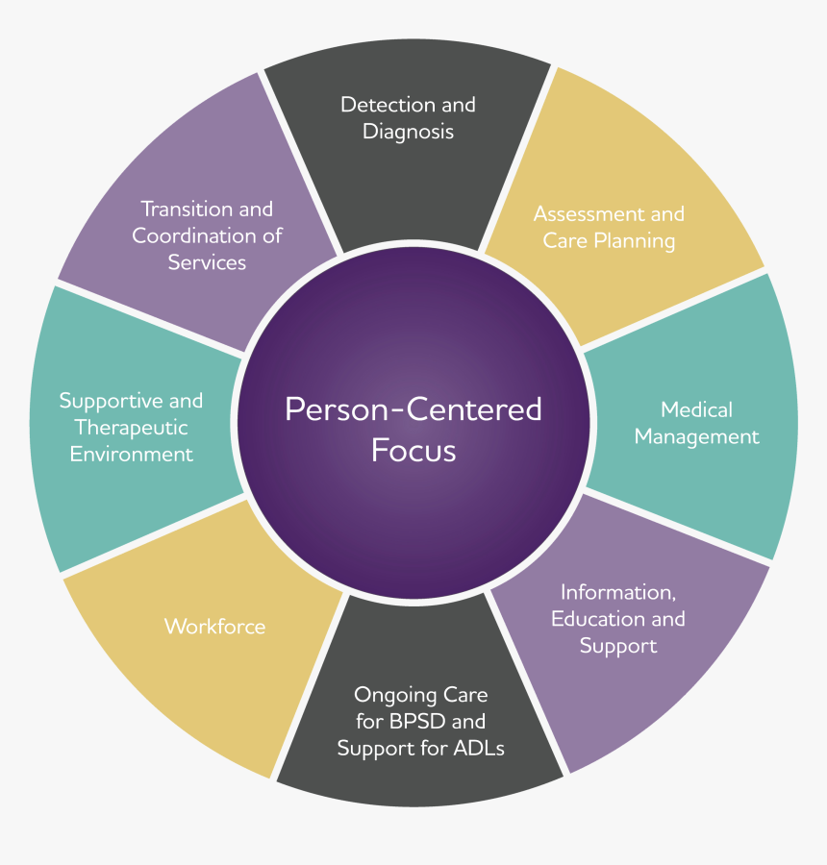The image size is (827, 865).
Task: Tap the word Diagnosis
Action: (x=408, y=132)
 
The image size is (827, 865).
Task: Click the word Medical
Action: (x=696, y=410)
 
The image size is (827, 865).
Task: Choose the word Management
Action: (x=696, y=437)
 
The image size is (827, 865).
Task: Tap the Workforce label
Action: (x=214, y=627)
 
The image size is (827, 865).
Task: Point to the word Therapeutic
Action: (x=131, y=428)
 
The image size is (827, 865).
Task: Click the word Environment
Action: (x=131, y=455)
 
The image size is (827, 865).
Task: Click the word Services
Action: (x=207, y=262)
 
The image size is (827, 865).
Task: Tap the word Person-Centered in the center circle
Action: (x=413, y=410)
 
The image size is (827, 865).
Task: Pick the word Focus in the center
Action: (x=413, y=451)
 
